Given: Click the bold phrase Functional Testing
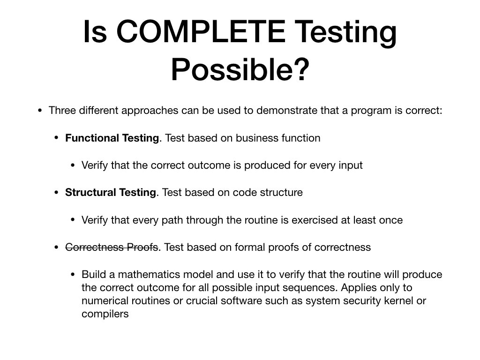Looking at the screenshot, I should (112, 138).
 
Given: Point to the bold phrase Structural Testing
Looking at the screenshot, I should (111, 193).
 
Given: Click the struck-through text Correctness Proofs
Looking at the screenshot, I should (112, 247).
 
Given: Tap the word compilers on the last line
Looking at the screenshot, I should (105, 314).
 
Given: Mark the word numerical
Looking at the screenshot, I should (104, 301).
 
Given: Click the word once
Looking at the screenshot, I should (390, 220).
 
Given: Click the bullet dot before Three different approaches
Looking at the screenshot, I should (40, 111).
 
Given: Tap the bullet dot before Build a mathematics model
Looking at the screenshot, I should (73, 275).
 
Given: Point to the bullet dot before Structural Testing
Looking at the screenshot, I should (56, 193).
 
